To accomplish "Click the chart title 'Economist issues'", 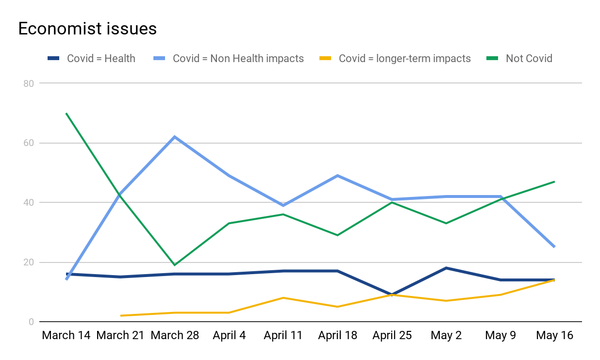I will click(87, 29).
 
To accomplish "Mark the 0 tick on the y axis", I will click(31, 322).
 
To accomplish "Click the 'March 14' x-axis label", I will click(66, 335).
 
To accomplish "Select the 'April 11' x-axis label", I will click(283, 335).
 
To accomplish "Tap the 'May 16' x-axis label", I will click(554, 335).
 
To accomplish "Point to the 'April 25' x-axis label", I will click(392, 335).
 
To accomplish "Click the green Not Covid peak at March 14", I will click(66, 114).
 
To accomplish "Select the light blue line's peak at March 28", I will click(175, 137).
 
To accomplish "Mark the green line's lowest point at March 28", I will click(175, 265).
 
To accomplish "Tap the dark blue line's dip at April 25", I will click(392, 295).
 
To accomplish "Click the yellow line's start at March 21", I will click(120, 316).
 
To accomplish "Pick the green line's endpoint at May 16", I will click(554, 181).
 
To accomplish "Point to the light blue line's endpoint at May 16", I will click(554, 247).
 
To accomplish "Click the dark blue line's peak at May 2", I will click(446, 268).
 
